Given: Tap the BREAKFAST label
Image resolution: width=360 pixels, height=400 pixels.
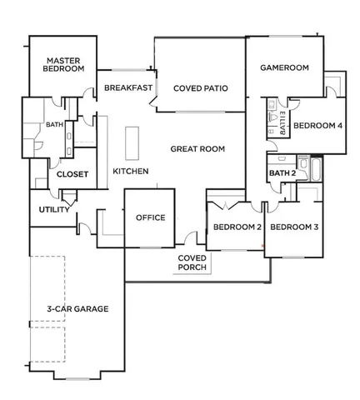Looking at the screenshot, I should [127, 87].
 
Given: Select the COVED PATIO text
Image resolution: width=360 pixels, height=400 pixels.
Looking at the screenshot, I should [201, 87].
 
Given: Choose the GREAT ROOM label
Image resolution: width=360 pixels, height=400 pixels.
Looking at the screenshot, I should [197, 149].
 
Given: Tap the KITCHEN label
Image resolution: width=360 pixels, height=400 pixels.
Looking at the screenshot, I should [131, 172].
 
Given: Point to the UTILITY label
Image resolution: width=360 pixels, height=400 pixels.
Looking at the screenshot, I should [54, 209].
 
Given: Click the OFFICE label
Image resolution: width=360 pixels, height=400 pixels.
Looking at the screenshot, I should [150, 218].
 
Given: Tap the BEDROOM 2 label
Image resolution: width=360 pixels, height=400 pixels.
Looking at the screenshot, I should [237, 227].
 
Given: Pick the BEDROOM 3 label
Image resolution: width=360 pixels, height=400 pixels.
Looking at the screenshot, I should [295, 227].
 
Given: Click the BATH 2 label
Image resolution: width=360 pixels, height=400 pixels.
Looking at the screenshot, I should [282, 173].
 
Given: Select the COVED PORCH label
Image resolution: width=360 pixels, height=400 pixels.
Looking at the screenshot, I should [192, 263].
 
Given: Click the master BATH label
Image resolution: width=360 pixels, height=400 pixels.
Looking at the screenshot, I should [54, 125].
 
